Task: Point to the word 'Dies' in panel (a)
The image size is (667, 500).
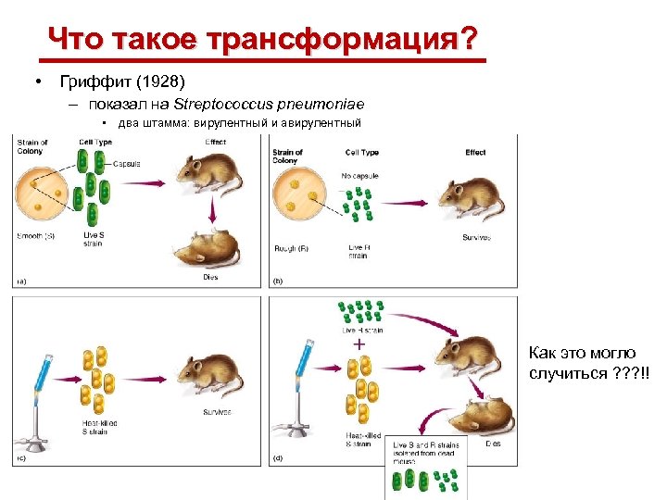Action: [x=209, y=278]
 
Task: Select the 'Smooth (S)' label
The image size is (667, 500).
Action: [x=36, y=236]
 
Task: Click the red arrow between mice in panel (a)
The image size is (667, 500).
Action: [x=214, y=215]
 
